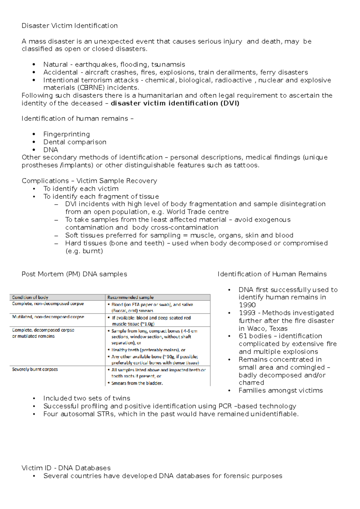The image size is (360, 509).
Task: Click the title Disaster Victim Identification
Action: [70, 26]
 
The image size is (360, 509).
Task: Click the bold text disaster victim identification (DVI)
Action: [175, 103]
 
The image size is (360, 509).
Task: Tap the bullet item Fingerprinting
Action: [66, 134]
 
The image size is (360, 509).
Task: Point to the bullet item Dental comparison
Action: [75, 142]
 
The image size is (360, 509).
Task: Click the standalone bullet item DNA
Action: [50, 150]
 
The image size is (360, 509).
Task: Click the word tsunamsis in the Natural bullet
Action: [168, 65]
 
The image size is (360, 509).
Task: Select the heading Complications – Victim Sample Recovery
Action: [89, 181]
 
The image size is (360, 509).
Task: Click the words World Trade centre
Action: [197, 212]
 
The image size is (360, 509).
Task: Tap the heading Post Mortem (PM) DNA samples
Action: [74, 274]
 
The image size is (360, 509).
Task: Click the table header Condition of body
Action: [30, 298]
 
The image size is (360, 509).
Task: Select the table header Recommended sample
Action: [130, 298]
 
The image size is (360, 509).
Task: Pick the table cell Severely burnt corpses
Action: [35, 370]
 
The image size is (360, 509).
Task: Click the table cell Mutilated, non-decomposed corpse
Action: [48, 317]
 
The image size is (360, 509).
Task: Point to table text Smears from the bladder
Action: [137, 383]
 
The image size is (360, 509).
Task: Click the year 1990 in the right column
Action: [247, 305]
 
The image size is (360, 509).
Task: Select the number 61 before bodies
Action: [243, 336]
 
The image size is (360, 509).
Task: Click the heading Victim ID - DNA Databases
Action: [66, 468]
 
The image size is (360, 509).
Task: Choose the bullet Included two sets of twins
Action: [87, 398]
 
